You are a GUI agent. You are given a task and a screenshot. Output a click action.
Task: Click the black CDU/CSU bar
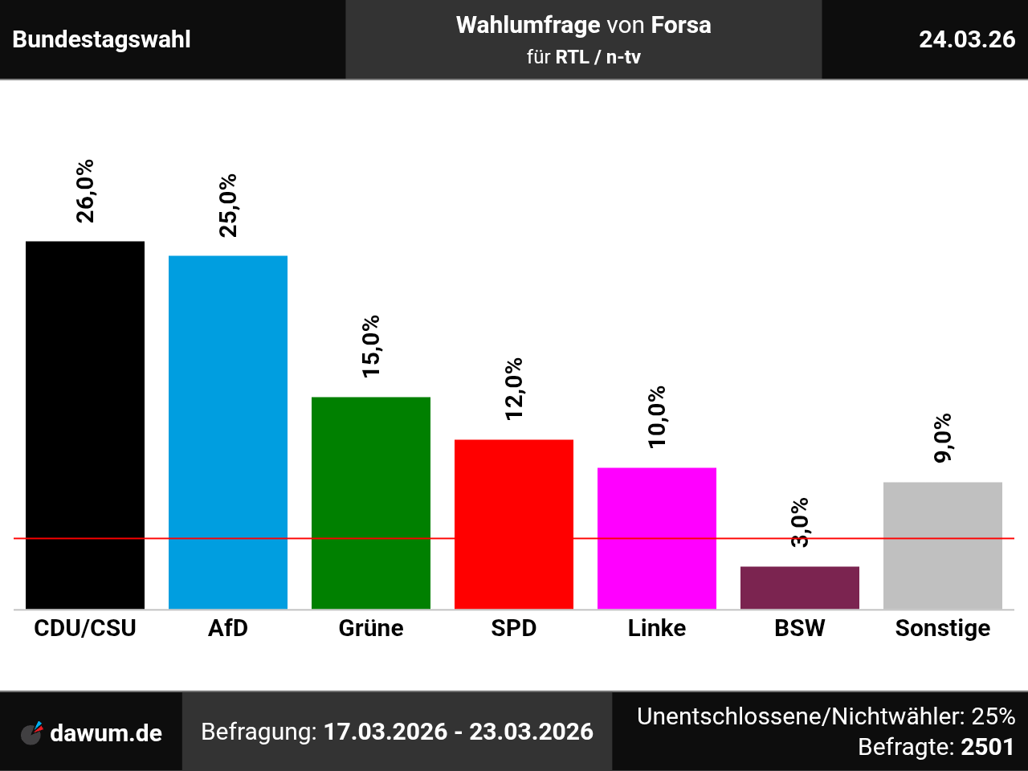pos(85,425)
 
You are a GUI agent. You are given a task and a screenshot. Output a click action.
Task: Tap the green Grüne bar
pos(371,503)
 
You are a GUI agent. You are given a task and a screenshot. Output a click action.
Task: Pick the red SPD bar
pos(514,524)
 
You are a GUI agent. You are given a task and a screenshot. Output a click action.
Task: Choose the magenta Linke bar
pos(657,538)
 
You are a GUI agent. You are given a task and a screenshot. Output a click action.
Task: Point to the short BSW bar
pos(800,587)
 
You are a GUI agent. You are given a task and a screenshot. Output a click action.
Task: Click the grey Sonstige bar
pos(943,545)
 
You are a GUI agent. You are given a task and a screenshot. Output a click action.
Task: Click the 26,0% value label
pos(85,190)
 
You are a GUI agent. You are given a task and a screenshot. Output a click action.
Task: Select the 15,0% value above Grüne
pos(371,346)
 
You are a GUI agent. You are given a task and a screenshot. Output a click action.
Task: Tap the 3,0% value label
pos(800,523)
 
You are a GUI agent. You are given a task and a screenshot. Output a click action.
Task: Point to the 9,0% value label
pos(943,438)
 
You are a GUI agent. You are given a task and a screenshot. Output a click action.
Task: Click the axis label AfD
pos(228,628)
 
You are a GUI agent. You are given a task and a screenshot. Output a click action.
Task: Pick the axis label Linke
pos(657,628)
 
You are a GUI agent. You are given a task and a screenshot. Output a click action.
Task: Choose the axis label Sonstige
pos(943,628)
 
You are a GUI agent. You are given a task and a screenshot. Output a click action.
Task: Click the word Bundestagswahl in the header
pos(102,39)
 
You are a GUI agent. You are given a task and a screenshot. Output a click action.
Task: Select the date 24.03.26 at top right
pos(967,39)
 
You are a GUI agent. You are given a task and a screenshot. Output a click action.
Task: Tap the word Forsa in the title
pos(681,25)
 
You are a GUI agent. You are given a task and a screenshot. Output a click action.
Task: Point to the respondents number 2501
pos(988,747)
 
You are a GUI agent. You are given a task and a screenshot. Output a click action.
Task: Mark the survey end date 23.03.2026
pos(531,732)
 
